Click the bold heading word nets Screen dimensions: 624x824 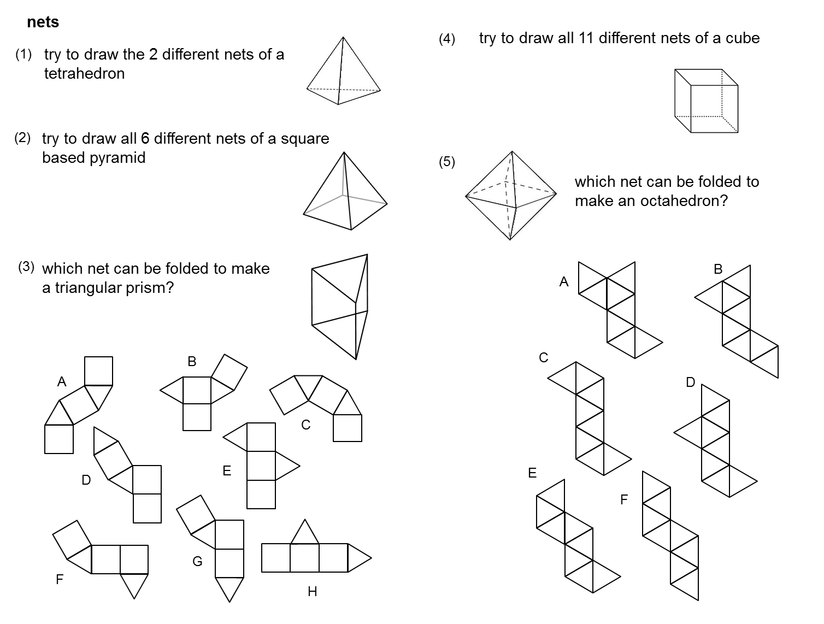coord(43,22)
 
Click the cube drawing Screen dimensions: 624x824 coord(706,101)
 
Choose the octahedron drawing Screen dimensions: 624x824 coord(510,195)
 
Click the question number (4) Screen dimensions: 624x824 coord(446,39)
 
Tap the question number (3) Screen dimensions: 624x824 coord(26,267)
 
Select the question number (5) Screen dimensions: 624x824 coord(446,162)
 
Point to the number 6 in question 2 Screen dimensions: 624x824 coord(145,138)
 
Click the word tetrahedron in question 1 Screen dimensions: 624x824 coord(84,74)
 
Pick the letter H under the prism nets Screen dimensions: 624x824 coord(312,591)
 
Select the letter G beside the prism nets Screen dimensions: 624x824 coord(197,561)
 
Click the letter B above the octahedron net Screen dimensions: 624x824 coord(718,269)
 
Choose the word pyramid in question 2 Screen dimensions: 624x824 coord(119,158)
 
